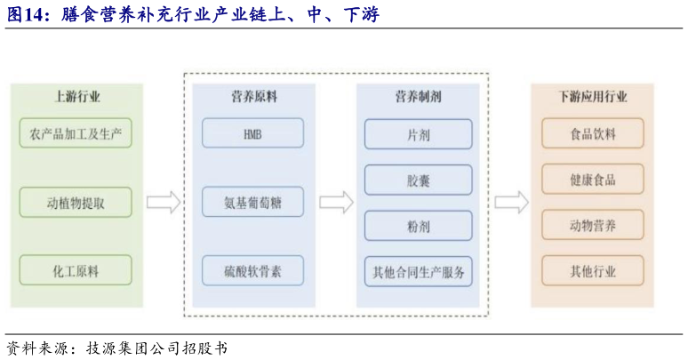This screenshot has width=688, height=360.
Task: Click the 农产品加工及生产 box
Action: point(76,134)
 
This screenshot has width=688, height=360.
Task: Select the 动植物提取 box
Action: point(76,203)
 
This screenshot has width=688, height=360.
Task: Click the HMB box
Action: point(252,134)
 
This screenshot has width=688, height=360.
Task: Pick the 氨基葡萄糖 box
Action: point(252,202)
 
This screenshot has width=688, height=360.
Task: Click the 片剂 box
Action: point(418,134)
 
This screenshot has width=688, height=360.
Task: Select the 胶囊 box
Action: point(418,180)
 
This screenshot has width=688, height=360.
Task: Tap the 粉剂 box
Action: point(418,226)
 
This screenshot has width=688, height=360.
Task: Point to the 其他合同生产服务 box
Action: point(418,271)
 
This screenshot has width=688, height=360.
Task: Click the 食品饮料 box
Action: point(593,134)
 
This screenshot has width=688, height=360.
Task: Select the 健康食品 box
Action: point(593,180)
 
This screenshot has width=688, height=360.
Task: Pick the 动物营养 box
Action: point(593,226)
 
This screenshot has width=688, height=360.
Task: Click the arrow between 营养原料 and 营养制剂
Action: point(336,202)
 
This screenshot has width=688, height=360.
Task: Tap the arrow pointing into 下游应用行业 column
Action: point(511,202)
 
